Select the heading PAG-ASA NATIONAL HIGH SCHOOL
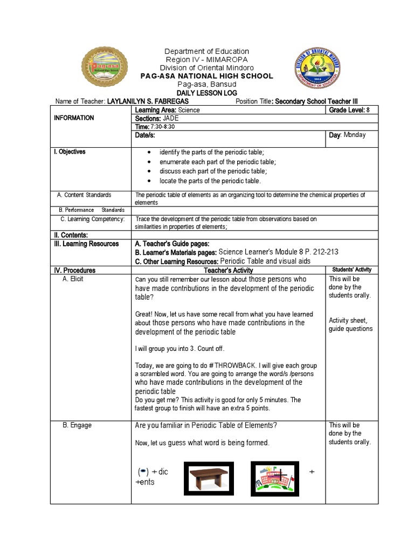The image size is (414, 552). click(x=207, y=76)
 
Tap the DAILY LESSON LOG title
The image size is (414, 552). click(x=207, y=93)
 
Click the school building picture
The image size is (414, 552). click(x=274, y=478)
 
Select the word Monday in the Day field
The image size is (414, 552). click(x=355, y=135)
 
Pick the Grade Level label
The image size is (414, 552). click(x=347, y=110)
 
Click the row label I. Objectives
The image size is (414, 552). click(x=70, y=151)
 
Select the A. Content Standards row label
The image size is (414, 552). click(x=84, y=195)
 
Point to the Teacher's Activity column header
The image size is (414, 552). click(x=229, y=270)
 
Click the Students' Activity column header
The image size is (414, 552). click(x=351, y=270)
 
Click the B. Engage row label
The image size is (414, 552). click(x=77, y=425)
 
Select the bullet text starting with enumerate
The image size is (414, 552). click(x=217, y=162)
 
